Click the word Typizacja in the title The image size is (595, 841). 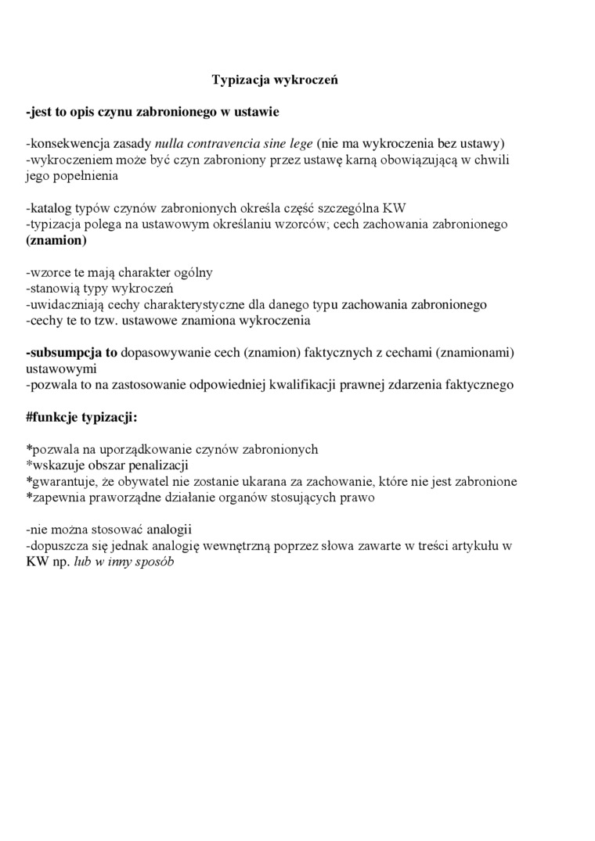tap(240, 80)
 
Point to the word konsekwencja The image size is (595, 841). tap(63, 143)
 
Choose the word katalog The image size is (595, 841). tap(51, 208)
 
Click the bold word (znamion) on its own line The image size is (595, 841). tap(56, 240)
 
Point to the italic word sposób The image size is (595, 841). tap(154, 562)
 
